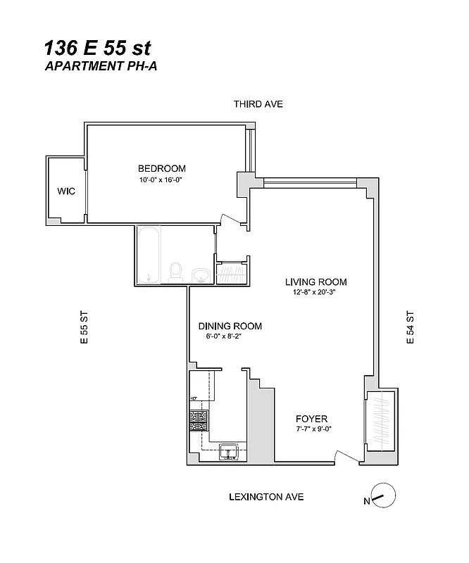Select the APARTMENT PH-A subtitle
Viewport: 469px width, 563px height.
pyautogui.click(x=97, y=67)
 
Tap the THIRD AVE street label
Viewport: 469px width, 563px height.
pyautogui.click(x=258, y=104)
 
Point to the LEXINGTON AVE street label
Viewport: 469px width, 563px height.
pyautogui.click(x=266, y=497)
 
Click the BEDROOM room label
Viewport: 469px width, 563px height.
pyautogui.click(x=161, y=168)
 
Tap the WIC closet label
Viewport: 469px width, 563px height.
pyautogui.click(x=66, y=191)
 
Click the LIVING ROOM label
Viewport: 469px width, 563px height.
pyautogui.click(x=315, y=281)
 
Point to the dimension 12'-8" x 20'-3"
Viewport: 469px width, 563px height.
pyautogui.click(x=315, y=293)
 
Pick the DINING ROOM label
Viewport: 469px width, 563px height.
pyautogui.click(x=230, y=326)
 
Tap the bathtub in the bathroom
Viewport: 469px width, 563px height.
pyautogui.click(x=150, y=255)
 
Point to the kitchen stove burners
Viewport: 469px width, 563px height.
pyautogui.click(x=198, y=420)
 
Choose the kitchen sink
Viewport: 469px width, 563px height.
pyautogui.click(x=229, y=450)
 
